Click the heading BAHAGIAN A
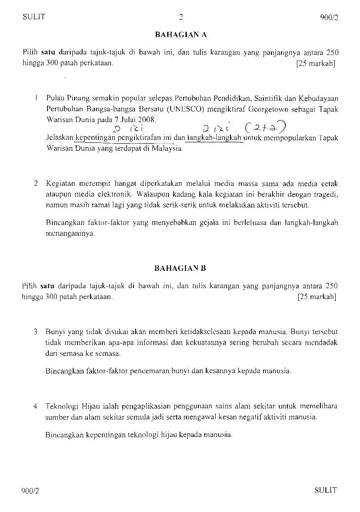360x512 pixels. tap(180, 35)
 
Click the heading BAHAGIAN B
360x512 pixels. tap(180, 269)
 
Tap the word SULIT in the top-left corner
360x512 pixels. tap(34, 17)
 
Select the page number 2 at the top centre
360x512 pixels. tap(180, 17)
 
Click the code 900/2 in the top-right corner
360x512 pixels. tap(328, 18)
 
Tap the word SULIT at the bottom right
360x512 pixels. tap(325, 490)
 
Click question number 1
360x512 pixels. tap(37, 98)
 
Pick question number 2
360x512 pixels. tap(36, 183)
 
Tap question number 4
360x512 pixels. tap(36, 407)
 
